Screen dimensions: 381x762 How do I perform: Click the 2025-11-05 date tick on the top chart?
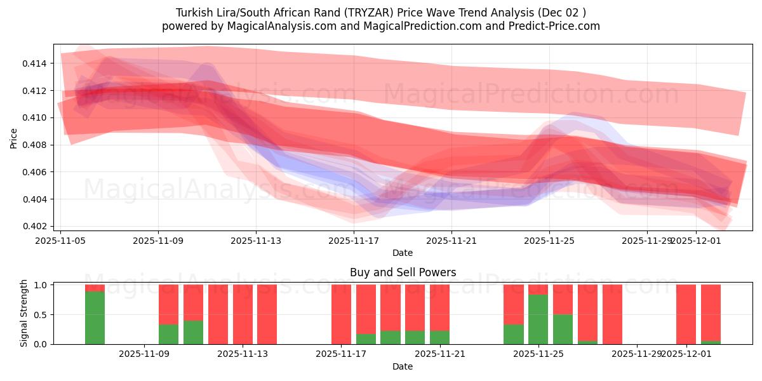click(x=61, y=241)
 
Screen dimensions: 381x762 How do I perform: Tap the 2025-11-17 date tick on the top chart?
click(x=354, y=241)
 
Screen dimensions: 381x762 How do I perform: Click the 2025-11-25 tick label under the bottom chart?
click(x=538, y=354)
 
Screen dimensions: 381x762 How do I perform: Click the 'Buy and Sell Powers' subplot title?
click(x=403, y=272)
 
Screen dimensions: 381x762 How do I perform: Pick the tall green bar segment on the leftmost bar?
click(x=95, y=317)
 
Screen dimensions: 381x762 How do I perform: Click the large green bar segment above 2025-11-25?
click(x=538, y=319)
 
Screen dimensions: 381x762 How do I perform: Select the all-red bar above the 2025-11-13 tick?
click(x=243, y=314)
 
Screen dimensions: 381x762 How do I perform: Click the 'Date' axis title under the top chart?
click(x=403, y=253)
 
